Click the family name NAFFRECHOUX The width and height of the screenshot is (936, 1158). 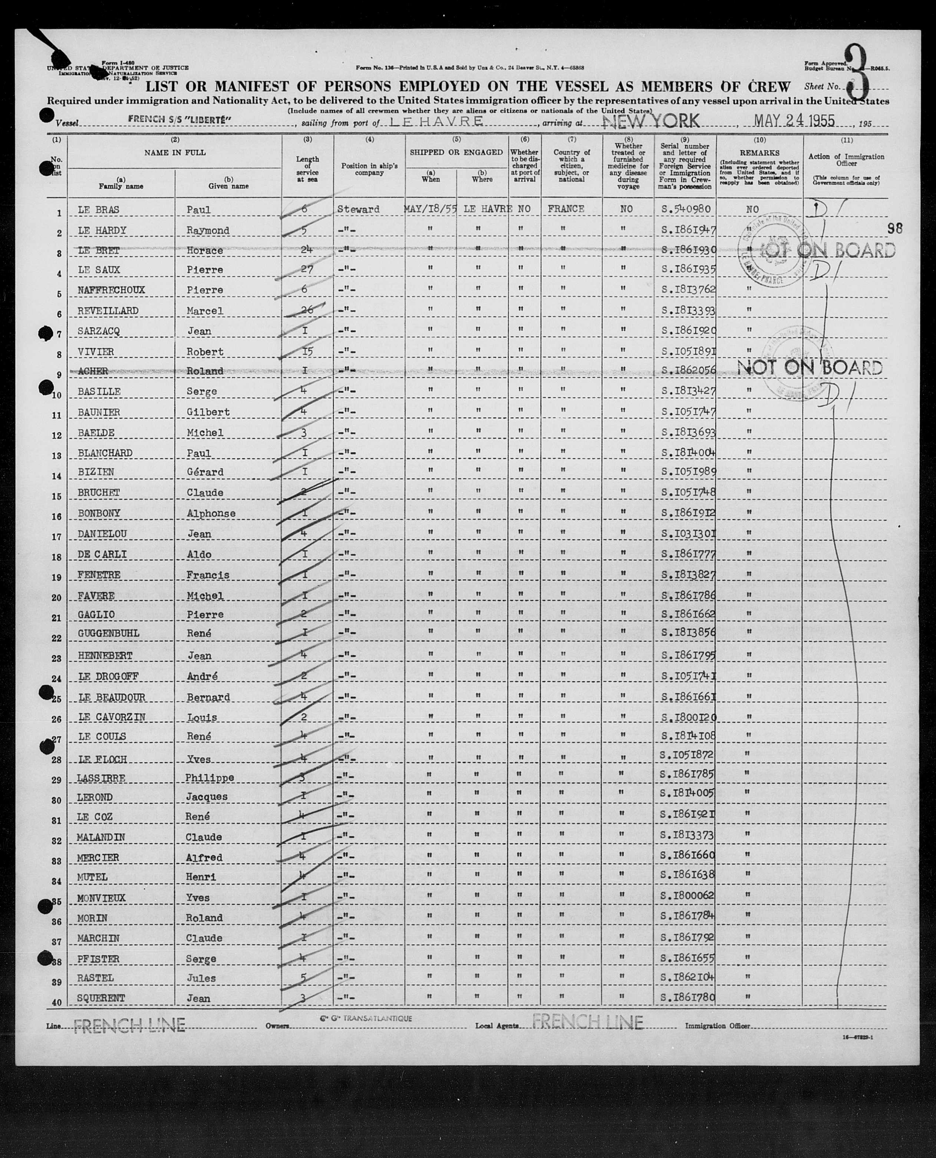(111, 290)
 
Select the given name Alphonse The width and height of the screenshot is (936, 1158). (211, 513)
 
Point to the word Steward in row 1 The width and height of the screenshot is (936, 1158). (358, 209)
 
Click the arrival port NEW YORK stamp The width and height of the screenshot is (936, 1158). (651, 121)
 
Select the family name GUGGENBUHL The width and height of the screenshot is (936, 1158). (108, 633)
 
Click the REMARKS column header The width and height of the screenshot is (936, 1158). (759, 153)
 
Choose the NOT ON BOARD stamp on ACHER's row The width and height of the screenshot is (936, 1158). (809, 368)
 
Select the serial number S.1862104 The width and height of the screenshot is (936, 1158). (688, 978)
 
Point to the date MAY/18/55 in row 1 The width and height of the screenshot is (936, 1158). (430, 209)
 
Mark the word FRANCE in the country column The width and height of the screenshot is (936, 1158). (566, 209)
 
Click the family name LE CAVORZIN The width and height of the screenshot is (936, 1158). (112, 717)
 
